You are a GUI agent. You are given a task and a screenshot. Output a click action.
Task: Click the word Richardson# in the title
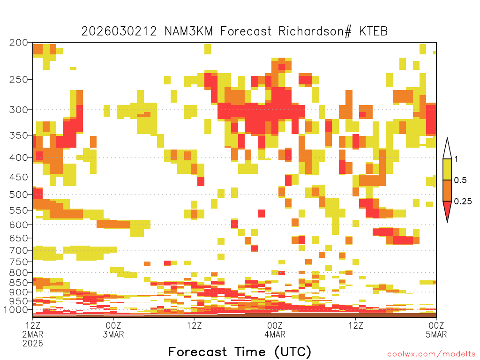315,31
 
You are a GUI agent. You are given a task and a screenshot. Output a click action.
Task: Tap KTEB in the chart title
374,31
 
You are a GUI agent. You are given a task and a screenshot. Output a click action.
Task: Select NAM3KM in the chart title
188,31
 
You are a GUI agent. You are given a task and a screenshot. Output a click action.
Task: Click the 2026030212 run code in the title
119,31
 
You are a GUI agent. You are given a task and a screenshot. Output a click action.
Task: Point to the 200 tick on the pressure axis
18,43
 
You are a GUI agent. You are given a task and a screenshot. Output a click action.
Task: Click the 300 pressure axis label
18,109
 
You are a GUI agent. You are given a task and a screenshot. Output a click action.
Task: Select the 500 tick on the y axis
18,195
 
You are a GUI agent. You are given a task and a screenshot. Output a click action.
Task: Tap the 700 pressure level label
18,250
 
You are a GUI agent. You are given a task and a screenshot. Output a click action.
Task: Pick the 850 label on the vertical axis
18,283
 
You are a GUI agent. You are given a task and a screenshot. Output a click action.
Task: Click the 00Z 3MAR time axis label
113,330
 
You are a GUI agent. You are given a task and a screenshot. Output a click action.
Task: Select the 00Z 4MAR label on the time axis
275,330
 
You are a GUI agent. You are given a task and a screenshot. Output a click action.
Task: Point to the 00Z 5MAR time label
436,330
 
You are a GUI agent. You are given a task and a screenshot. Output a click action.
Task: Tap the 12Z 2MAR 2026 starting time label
33,334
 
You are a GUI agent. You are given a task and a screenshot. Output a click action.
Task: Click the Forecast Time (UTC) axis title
240,352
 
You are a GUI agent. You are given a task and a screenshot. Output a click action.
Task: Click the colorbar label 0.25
463,202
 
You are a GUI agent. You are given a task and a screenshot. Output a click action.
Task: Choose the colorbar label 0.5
460,180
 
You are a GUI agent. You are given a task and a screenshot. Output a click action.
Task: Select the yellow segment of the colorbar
447,169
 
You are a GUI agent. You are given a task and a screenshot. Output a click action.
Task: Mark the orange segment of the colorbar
447,190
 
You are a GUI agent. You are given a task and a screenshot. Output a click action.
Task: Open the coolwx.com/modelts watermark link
431,354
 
